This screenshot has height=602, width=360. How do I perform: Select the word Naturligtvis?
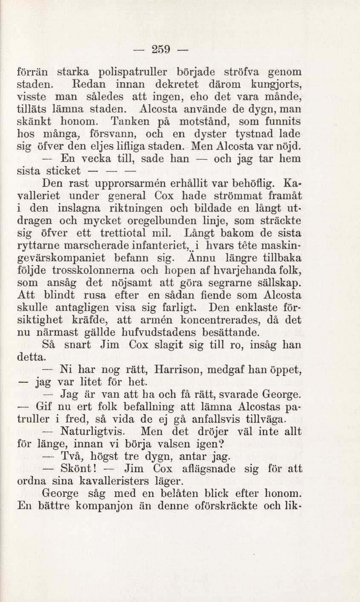tap(92, 432)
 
